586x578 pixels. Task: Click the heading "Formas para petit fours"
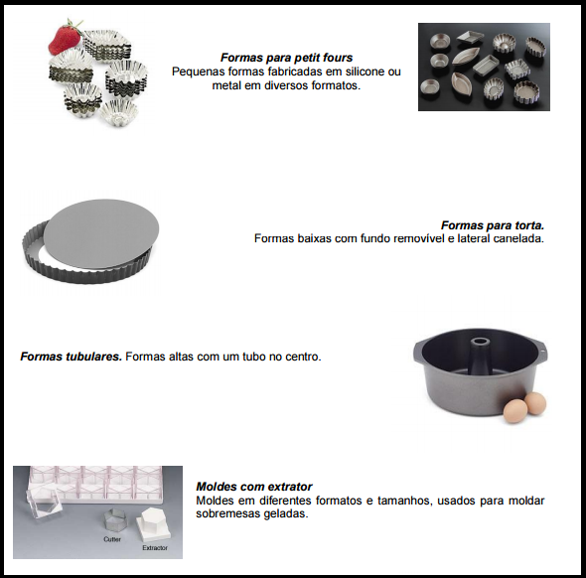(x=286, y=58)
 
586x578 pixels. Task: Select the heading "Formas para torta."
(x=493, y=225)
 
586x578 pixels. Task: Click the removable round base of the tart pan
(x=101, y=233)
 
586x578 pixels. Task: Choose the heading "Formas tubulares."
(x=71, y=357)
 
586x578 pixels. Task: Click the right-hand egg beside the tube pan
(x=535, y=403)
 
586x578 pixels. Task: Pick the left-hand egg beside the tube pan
(x=515, y=411)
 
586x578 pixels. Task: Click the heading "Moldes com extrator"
(x=254, y=487)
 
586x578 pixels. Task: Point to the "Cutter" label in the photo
(x=112, y=539)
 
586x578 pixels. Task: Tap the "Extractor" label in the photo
(x=155, y=548)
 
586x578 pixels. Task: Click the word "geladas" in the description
(x=286, y=513)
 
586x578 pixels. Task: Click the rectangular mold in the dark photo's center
(x=486, y=64)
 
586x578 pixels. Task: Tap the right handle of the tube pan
(x=543, y=349)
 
